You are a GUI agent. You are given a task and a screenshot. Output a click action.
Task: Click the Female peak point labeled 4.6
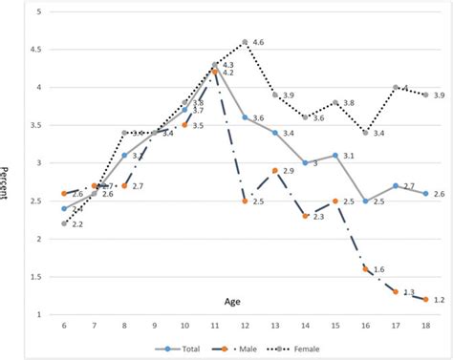click(246, 42)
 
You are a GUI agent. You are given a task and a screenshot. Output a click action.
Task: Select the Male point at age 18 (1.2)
click(425, 300)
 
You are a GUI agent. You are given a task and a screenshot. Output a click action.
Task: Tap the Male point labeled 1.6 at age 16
click(366, 269)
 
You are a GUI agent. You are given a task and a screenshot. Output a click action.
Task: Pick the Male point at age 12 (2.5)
click(246, 201)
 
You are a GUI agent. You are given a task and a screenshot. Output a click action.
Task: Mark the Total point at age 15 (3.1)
click(335, 156)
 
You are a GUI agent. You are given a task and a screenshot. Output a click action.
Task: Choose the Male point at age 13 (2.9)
click(275, 171)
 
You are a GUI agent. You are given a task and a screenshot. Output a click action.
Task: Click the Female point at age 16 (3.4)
click(366, 133)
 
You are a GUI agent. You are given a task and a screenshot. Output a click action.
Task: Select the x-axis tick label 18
click(425, 327)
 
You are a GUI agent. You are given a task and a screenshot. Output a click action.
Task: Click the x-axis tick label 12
click(246, 327)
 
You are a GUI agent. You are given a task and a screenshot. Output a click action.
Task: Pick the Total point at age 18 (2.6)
click(425, 194)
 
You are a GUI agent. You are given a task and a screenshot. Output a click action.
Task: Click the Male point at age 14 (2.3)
click(306, 217)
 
